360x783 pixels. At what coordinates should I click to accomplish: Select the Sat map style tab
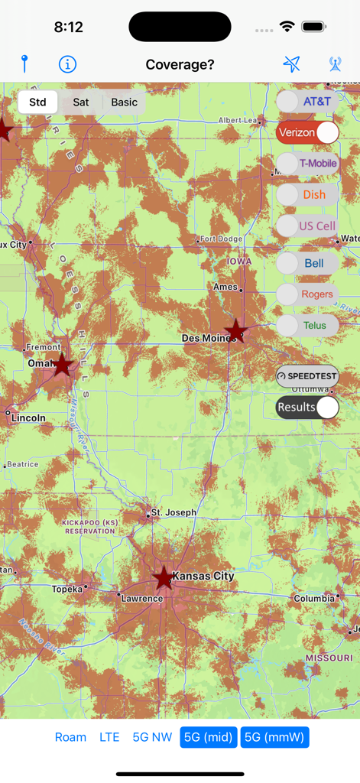pyautogui.click(x=81, y=102)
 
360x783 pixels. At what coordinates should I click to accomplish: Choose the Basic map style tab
pyautogui.click(x=124, y=102)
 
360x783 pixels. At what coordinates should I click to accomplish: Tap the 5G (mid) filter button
pyautogui.click(x=208, y=737)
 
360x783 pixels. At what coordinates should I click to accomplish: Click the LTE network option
pyautogui.click(x=109, y=737)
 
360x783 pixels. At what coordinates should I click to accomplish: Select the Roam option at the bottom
pyautogui.click(x=70, y=737)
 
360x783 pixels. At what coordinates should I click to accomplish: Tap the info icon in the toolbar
pyautogui.click(x=67, y=64)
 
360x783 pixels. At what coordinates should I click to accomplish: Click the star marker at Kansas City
pyautogui.click(x=164, y=578)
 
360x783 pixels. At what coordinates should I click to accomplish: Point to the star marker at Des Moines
pyautogui.click(x=236, y=332)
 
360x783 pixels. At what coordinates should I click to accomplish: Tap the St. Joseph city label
pyautogui.click(x=174, y=512)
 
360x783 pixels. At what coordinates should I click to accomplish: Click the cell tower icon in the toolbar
pyautogui.click(x=335, y=64)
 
